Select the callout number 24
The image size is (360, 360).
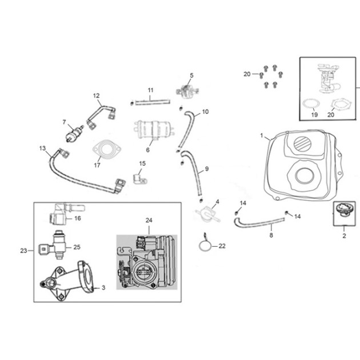click(149, 220)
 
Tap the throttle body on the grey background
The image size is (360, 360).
click(147, 262)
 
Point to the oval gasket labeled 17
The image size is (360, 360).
click(107, 149)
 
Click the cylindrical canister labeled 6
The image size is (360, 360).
click(153, 130)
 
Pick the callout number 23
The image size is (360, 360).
click(23, 250)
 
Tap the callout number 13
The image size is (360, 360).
click(42, 149)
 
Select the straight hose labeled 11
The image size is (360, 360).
click(153, 102)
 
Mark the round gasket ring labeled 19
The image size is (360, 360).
click(311, 103)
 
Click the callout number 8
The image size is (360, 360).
click(271, 235)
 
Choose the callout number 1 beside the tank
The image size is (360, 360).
click(262, 135)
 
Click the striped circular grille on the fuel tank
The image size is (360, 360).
click(302, 143)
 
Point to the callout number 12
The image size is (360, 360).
click(97, 96)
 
